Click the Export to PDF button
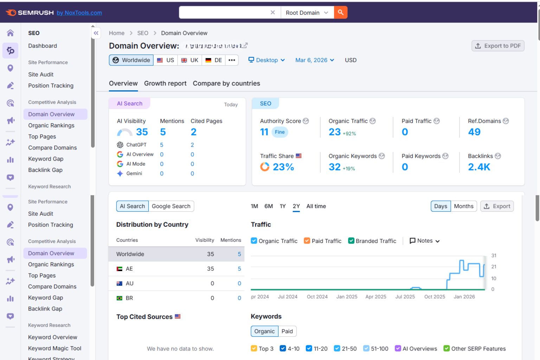click(x=498, y=46)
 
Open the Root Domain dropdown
click(x=307, y=13)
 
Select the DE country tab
click(x=214, y=60)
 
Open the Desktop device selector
click(x=266, y=60)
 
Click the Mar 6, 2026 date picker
click(x=314, y=60)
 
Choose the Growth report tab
click(x=165, y=83)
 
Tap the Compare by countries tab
click(x=226, y=83)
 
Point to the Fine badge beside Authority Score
click(x=280, y=132)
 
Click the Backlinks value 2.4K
click(x=479, y=167)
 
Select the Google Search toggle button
click(x=171, y=206)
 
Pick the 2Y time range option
click(x=296, y=206)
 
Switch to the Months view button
click(x=464, y=206)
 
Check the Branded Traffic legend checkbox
click(x=351, y=241)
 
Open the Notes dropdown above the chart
click(x=425, y=241)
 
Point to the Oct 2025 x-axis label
click(x=435, y=297)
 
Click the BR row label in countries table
click(x=129, y=298)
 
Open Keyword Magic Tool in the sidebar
click(x=55, y=348)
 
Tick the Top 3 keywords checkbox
click(x=254, y=348)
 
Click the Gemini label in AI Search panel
click(x=134, y=174)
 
